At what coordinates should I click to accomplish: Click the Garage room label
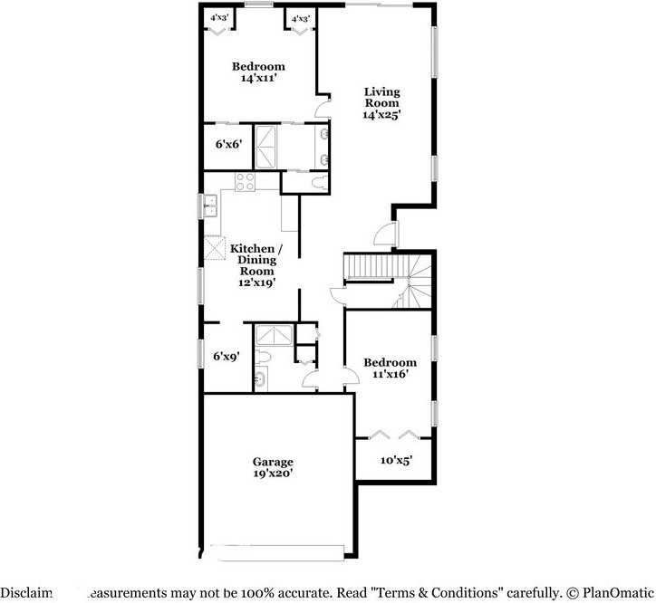click(272, 462)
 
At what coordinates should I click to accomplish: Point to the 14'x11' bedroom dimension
click(257, 79)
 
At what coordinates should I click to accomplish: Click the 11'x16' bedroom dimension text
click(390, 375)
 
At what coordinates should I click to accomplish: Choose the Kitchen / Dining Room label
click(256, 259)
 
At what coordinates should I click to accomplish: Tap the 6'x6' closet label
click(227, 144)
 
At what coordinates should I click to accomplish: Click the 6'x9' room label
click(225, 357)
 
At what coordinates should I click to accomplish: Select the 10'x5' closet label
click(396, 460)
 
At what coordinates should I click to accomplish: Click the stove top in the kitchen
click(245, 181)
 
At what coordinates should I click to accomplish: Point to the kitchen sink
click(210, 206)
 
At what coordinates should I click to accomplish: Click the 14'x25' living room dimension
click(381, 115)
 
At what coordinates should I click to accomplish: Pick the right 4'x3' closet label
click(299, 18)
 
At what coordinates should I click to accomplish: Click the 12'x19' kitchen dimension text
click(256, 282)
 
